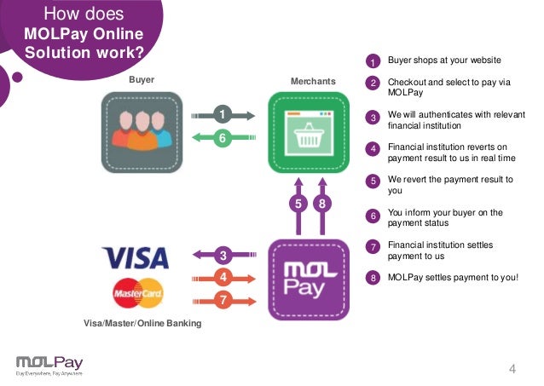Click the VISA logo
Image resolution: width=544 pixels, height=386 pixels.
135,256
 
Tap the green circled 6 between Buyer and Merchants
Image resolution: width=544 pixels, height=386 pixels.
223,138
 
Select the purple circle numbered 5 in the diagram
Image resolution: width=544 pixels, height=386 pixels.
298,205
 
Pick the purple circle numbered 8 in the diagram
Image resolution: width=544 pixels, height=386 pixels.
321,205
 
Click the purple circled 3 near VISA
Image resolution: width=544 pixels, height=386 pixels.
223,255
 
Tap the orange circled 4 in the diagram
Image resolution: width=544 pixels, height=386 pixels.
223,277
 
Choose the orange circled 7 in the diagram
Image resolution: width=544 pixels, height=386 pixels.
223,300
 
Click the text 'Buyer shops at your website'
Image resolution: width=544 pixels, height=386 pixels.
444,60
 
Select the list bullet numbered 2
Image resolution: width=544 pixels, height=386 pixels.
373,84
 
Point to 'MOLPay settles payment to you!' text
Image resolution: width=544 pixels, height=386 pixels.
453,277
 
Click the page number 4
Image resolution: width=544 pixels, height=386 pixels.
512,368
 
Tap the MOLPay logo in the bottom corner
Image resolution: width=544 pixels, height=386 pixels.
49,364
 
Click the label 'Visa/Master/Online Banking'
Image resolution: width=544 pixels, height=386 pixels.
142,324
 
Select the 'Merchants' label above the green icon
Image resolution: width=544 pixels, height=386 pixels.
313,81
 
